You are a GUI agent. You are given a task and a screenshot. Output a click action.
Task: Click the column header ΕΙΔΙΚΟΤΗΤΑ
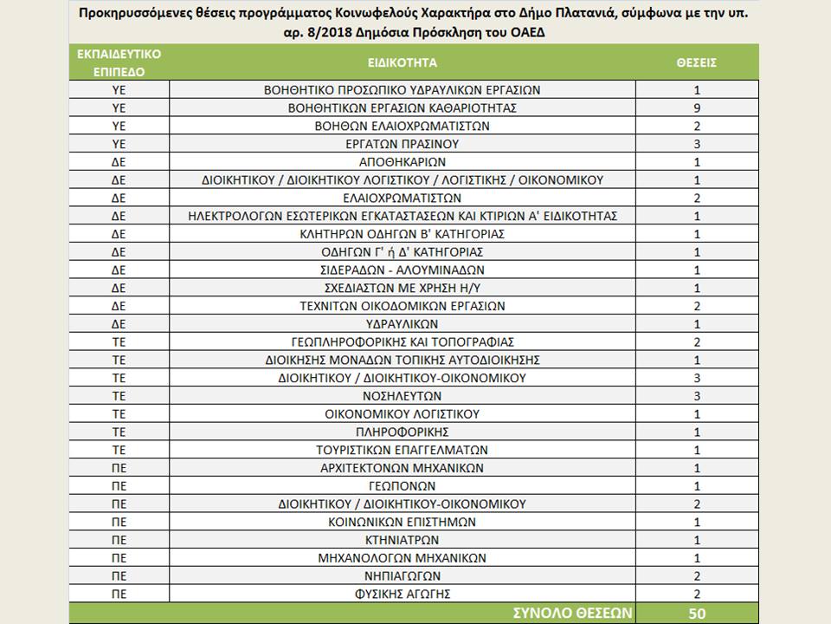402,62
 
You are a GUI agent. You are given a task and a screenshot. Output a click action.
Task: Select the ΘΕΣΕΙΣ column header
696,62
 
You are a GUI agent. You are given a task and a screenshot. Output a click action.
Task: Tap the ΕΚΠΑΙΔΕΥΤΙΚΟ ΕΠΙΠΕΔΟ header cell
119,62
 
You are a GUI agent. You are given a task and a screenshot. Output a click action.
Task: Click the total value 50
696,613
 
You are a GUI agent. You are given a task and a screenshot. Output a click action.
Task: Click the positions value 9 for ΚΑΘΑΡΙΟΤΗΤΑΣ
696,108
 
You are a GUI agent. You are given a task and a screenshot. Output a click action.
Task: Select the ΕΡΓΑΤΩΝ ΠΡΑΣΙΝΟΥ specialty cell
402,144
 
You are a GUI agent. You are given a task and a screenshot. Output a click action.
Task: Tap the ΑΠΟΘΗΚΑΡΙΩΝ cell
402,162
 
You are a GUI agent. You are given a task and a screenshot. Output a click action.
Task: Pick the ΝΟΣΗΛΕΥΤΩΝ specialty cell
402,396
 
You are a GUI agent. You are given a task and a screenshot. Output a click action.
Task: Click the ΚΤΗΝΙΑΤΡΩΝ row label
402,540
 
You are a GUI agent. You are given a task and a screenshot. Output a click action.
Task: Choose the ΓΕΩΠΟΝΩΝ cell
402,486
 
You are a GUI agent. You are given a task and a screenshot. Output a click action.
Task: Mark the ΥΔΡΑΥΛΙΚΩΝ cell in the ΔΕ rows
402,324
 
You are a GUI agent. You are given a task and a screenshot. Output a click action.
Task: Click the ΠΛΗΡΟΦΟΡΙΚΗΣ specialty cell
402,432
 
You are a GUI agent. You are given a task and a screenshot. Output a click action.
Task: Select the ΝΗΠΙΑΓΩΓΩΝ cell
402,576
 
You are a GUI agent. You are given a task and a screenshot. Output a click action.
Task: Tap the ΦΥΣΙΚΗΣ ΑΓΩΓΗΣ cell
402,594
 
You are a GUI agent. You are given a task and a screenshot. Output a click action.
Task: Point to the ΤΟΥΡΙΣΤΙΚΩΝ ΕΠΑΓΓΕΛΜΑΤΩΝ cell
402,450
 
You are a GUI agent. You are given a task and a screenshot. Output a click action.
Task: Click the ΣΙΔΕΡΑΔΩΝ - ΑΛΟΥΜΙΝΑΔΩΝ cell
402,270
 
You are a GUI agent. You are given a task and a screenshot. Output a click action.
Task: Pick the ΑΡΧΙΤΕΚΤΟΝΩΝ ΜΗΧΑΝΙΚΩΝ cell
402,468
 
